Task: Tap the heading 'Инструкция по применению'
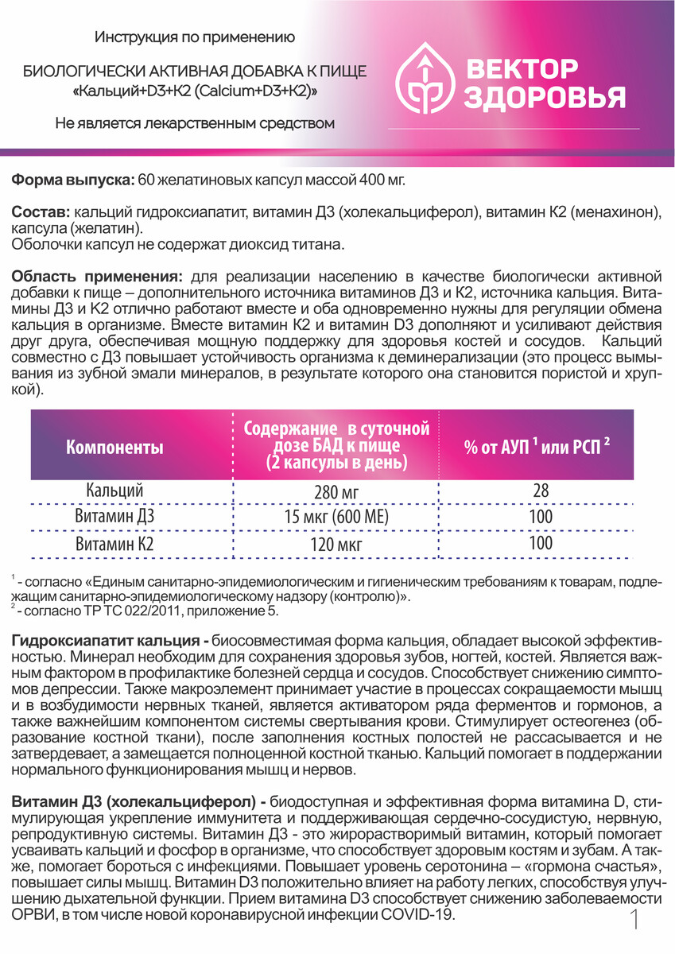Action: pyautogui.click(x=195, y=37)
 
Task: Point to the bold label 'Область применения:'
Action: pyautogui.click(x=96, y=277)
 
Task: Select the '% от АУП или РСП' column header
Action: pyautogui.click(x=537, y=447)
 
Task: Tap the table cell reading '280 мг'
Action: pyautogui.click(x=337, y=493)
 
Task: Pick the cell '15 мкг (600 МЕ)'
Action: pyautogui.click(x=337, y=519)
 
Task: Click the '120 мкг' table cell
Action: pyautogui.click(x=337, y=545)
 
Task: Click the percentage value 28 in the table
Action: pyautogui.click(x=541, y=491)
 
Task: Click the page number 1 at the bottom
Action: pyautogui.click(x=634, y=922)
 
